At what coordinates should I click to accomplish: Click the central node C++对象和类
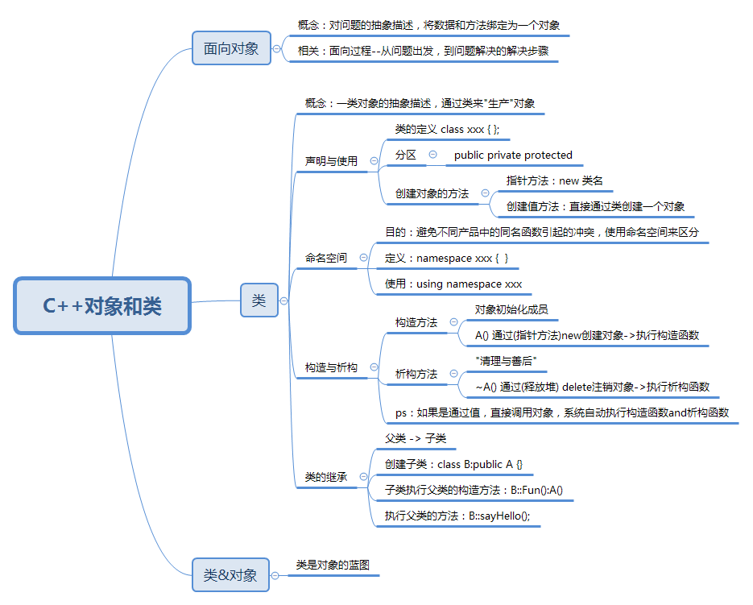(x=102, y=305)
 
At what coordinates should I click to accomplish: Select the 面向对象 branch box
(x=231, y=48)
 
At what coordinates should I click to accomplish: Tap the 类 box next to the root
(x=259, y=300)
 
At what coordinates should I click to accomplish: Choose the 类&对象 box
(x=230, y=575)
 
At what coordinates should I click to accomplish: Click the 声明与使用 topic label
(x=331, y=161)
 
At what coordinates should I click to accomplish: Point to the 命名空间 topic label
(x=326, y=258)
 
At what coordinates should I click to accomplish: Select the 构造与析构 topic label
(x=331, y=367)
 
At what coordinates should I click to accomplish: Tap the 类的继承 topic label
(x=326, y=477)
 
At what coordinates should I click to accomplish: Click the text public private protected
(x=513, y=155)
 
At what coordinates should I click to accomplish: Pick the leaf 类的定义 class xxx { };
(x=452, y=129)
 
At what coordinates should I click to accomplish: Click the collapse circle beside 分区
(x=433, y=155)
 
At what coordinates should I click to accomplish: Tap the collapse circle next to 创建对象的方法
(x=485, y=193)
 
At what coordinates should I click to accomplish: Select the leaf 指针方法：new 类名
(x=554, y=180)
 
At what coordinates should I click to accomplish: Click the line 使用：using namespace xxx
(x=453, y=284)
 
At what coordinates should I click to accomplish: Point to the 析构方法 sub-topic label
(x=416, y=374)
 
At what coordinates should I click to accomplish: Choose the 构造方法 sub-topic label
(x=416, y=322)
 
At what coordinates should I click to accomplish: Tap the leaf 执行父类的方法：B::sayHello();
(x=457, y=516)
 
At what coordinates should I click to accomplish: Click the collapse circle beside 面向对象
(x=277, y=48)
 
